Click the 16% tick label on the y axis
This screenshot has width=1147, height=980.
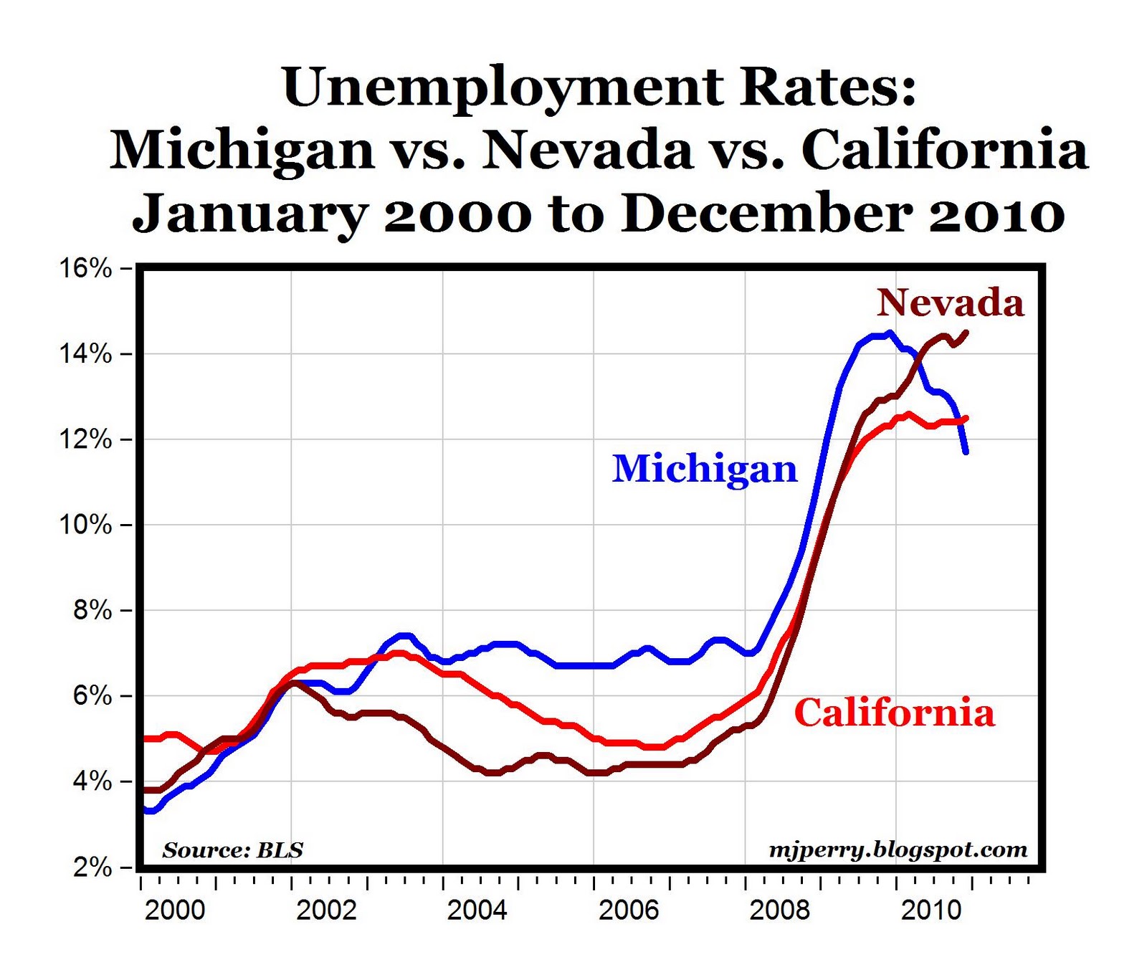click(85, 269)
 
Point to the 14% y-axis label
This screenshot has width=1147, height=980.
click(85, 354)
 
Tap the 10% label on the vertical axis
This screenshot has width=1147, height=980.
click(85, 525)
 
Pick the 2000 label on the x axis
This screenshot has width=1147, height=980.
click(175, 910)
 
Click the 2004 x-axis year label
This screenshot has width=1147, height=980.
click(477, 910)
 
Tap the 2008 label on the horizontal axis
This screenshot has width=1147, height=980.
click(779, 910)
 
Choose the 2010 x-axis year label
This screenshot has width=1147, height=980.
click(931, 910)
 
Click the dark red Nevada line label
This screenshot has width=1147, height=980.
click(950, 302)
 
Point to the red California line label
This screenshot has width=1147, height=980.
click(895, 713)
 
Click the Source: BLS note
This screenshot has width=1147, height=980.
click(233, 850)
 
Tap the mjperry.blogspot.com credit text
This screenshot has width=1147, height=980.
click(898, 850)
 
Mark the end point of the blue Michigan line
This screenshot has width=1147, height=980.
click(966, 452)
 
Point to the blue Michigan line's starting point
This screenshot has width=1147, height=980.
click(146, 810)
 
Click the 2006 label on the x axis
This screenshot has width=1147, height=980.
click(628, 910)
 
